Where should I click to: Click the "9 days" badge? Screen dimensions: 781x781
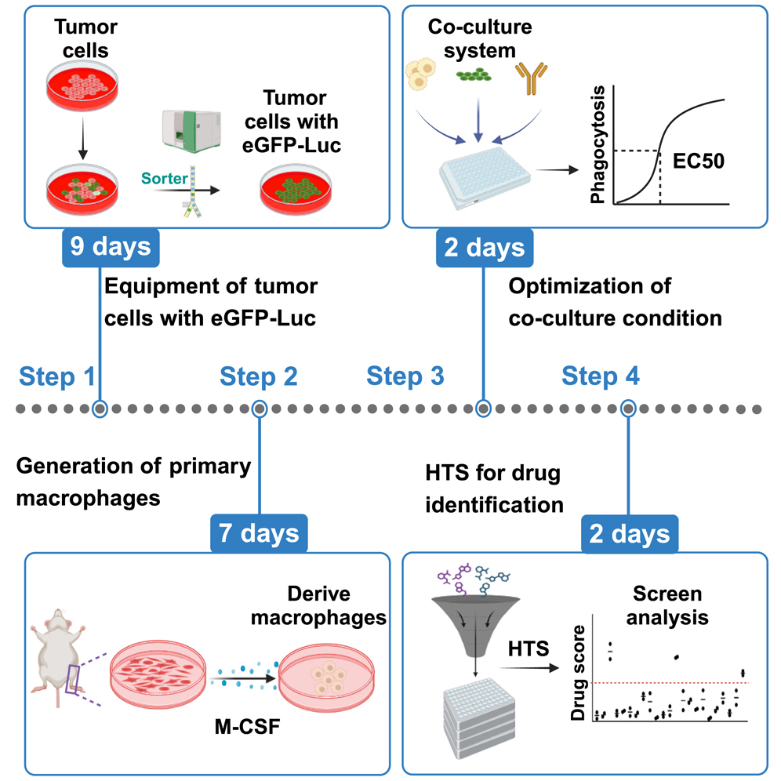(111, 247)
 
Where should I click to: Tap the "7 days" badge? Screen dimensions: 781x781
(259, 533)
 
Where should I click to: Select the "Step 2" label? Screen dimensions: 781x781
(259, 376)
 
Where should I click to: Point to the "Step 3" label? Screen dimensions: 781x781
(405, 376)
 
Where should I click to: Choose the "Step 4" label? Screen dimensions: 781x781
(601, 376)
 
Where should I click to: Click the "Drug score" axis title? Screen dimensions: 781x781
(578, 673)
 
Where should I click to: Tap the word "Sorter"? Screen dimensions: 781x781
(165, 179)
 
